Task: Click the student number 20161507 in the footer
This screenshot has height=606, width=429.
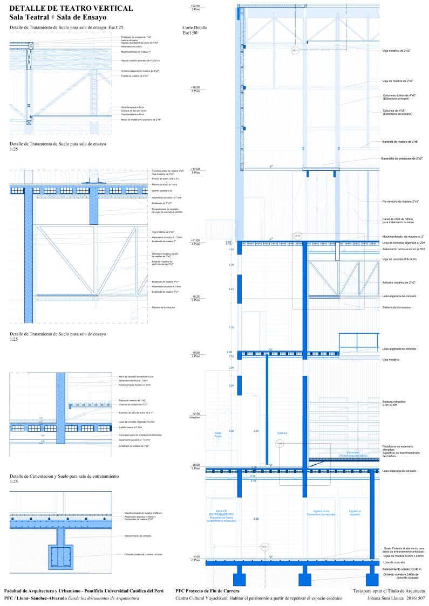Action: tap(413, 597)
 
